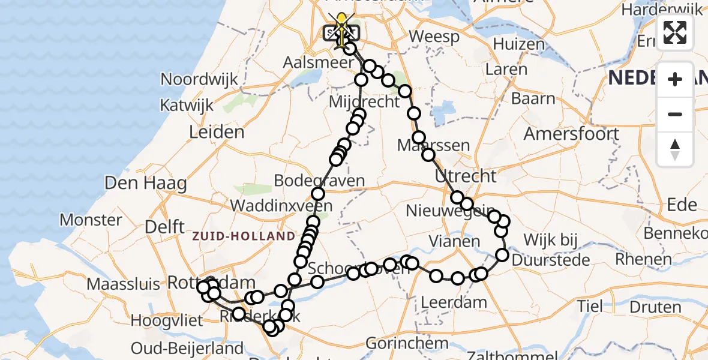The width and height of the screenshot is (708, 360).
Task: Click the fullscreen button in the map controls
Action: pos(675,32)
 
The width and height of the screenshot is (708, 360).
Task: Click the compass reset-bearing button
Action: pos(675,149)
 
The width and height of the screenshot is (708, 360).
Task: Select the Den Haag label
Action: pos(146,182)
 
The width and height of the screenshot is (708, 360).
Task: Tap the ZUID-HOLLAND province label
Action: pos(244,236)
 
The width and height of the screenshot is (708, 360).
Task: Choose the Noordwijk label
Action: pos(199,79)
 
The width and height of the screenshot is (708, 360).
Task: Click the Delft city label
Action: pos(164,227)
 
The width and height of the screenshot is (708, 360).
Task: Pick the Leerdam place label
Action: pos(454,302)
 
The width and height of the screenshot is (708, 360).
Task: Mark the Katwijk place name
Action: pos(186,106)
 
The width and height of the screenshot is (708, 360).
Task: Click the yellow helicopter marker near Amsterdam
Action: pos(342,24)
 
